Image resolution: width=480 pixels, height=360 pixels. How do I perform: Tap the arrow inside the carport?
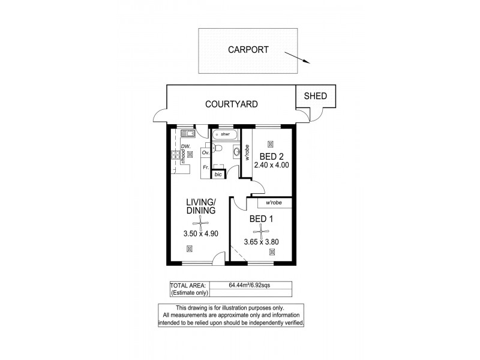click(297, 58)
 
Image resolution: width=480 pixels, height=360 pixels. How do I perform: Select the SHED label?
click(316, 96)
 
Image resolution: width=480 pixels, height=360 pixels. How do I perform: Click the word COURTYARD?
click(232, 104)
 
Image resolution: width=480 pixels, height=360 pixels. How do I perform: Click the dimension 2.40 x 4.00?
click(271, 164)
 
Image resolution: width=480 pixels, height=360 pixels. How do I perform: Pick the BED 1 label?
click(262, 219)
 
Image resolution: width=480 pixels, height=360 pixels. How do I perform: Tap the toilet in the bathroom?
click(218, 148)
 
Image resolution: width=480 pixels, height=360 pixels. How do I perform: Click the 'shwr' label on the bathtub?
click(225, 134)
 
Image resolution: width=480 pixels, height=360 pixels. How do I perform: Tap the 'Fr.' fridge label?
click(206, 167)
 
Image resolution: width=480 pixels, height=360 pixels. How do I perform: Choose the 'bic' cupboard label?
click(218, 175)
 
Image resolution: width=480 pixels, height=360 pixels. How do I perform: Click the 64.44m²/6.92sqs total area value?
click(250, 285)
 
